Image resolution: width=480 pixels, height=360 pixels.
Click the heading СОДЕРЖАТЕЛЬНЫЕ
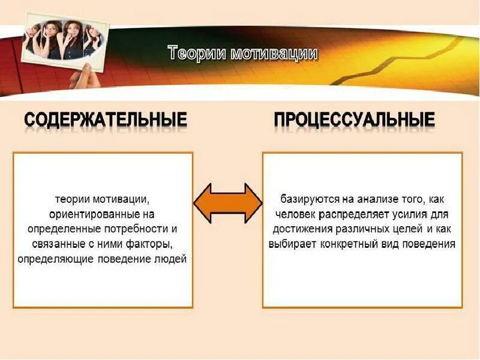[x=106, y=119]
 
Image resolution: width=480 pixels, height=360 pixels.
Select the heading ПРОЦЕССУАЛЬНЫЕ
[x=354, y=119]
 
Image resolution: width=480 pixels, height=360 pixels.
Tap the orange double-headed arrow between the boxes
[x=227, y=203]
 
